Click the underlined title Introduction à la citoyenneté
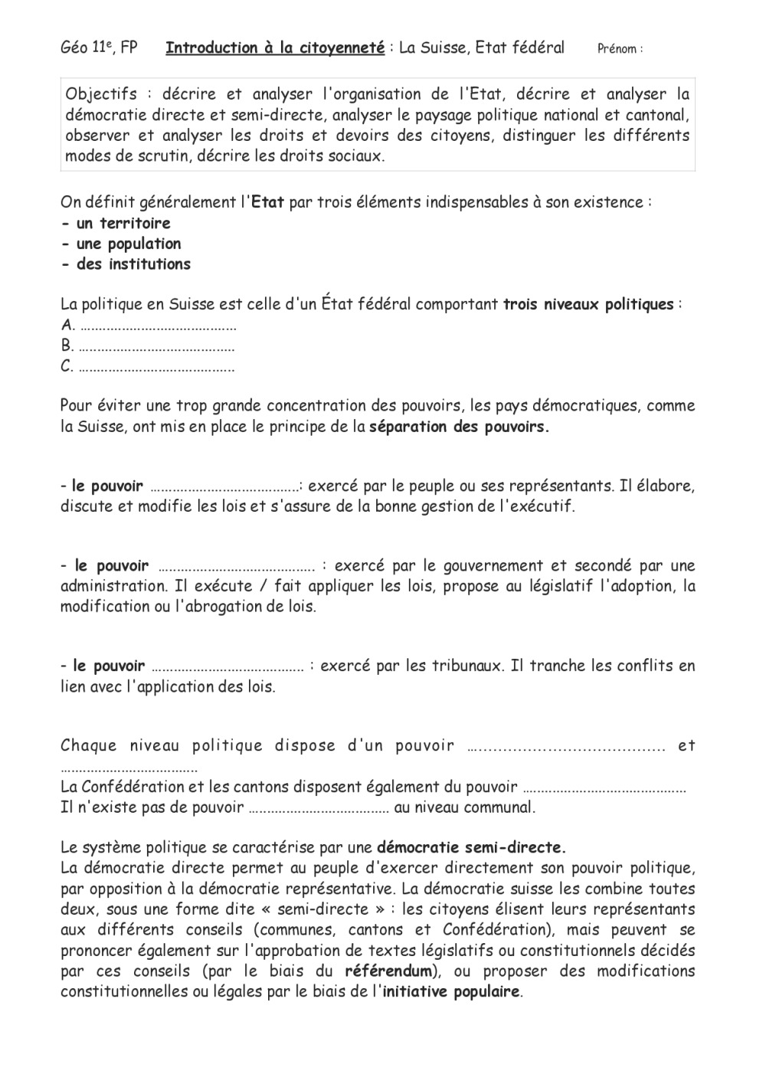275,48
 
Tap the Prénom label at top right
619,49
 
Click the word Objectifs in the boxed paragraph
101,95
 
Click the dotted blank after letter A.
158,326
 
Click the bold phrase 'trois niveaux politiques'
588,305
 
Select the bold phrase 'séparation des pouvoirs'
459,427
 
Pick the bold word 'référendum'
389,971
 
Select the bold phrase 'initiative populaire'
451,992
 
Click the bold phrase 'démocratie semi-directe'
471,848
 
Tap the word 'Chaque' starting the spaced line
89,746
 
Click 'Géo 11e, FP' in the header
99,48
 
